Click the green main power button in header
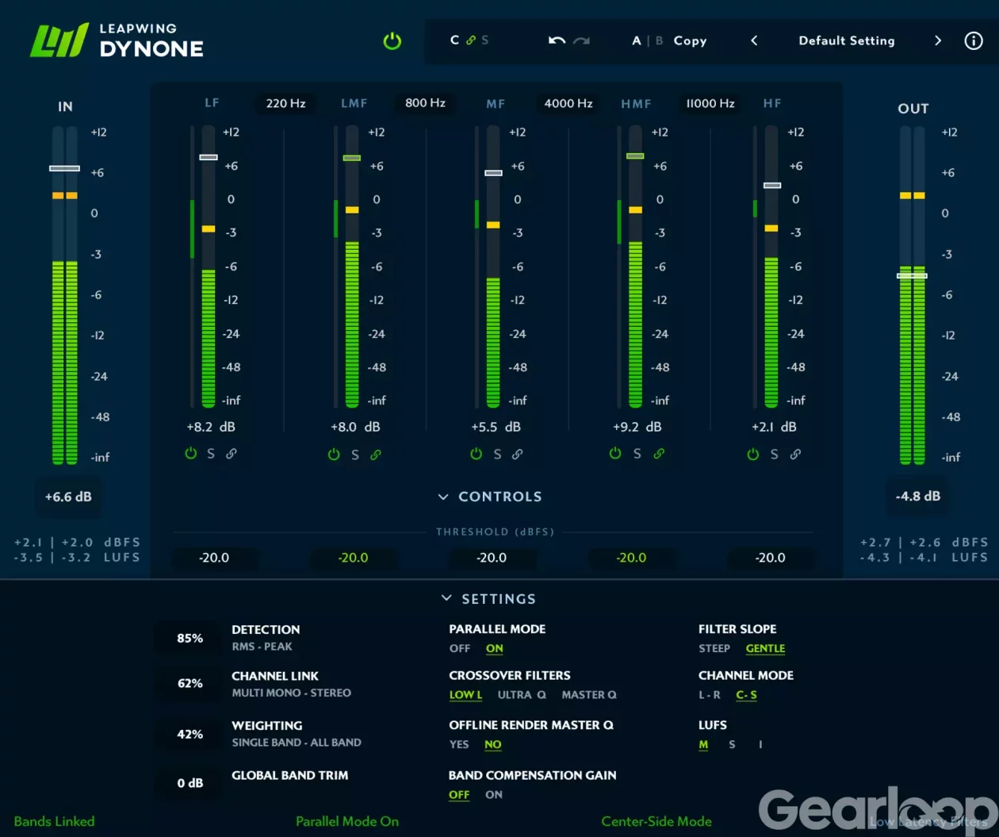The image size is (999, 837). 392,41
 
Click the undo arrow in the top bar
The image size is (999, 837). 557,40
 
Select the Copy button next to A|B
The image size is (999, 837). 690,40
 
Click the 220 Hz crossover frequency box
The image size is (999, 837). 285,103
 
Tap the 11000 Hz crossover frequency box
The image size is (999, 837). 710,103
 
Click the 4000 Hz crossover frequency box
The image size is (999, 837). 568,103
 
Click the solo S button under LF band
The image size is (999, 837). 211,454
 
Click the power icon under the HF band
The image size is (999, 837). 753,454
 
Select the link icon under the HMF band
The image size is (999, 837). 659,454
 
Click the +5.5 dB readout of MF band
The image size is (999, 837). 496,427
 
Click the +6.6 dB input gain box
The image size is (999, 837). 68,497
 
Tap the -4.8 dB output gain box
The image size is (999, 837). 918,496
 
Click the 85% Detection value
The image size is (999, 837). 189,638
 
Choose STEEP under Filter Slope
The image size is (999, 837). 714,648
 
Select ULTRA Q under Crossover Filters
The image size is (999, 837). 521,695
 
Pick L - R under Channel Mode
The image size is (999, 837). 709,695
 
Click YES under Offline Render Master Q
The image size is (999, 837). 458,744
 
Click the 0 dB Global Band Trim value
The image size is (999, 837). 189,783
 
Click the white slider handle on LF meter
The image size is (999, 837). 209,157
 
